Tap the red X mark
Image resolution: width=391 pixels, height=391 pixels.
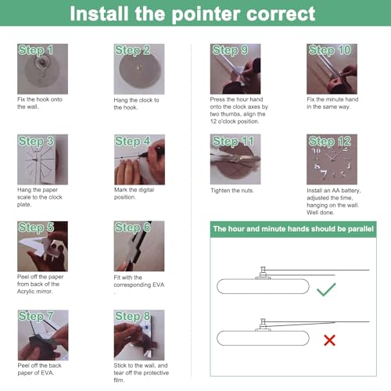329,340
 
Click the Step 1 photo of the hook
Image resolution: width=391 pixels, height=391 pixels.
42,69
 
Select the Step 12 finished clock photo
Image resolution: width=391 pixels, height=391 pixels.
332,160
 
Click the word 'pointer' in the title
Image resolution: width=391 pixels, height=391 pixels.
206,14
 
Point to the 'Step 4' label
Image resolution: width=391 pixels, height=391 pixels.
132,141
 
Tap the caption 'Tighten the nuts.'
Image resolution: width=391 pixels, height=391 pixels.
232,191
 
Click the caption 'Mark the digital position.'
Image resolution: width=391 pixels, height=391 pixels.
134,193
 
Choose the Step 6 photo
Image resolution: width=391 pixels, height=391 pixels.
139,246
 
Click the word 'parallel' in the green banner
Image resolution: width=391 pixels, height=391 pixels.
361,229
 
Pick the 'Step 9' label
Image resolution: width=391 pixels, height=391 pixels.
230,50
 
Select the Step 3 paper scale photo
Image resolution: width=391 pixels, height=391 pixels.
42,160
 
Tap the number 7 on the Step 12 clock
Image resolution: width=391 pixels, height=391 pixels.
324,174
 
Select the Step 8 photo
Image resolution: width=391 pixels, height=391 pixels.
139,335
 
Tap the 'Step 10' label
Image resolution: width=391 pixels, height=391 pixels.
330,50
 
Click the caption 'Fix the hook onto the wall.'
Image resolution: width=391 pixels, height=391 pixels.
40,103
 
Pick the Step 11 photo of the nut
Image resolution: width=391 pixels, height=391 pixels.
235,160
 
